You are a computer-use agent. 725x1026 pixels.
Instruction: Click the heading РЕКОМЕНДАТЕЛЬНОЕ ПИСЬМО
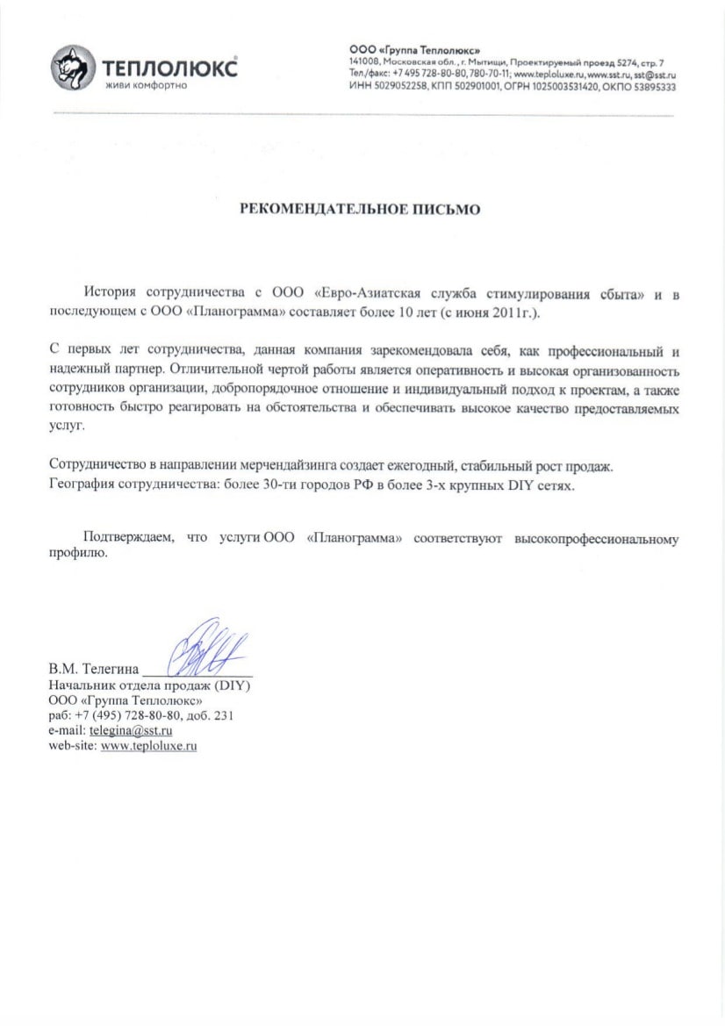362,210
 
